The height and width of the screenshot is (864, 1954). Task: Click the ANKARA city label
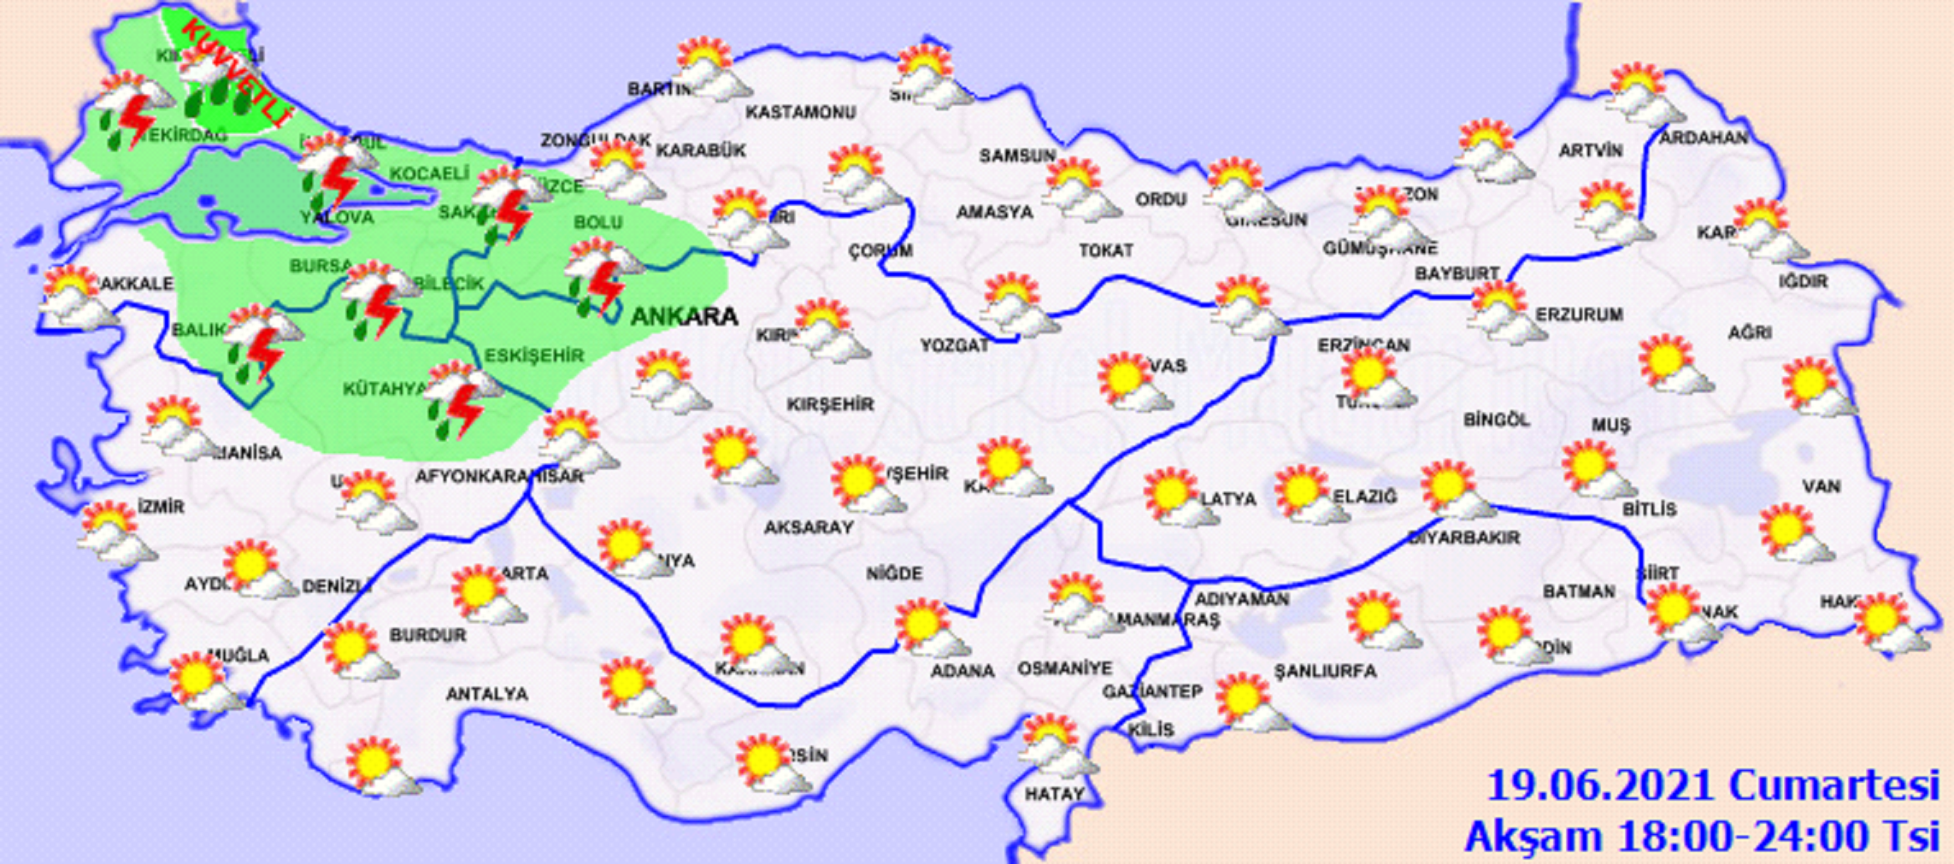[684, 317]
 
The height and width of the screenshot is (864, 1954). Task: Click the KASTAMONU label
[800, 112]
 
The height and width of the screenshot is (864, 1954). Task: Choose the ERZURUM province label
[1579, 314]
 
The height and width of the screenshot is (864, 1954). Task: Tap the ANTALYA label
[486, 694]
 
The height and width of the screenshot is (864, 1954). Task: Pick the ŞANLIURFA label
[1325, 671]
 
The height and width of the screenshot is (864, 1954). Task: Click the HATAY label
[1054, 794]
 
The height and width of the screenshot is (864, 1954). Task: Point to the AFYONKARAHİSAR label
[499, 476]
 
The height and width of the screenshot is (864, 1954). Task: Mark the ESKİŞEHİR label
[534, 356]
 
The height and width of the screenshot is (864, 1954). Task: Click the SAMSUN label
[1017, 156]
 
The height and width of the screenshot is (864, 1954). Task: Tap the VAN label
[1821, 486]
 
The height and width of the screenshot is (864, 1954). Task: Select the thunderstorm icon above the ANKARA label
[603, 276]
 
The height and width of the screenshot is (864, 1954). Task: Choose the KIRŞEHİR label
[830, 404]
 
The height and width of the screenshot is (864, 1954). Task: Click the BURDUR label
[427, 635]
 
